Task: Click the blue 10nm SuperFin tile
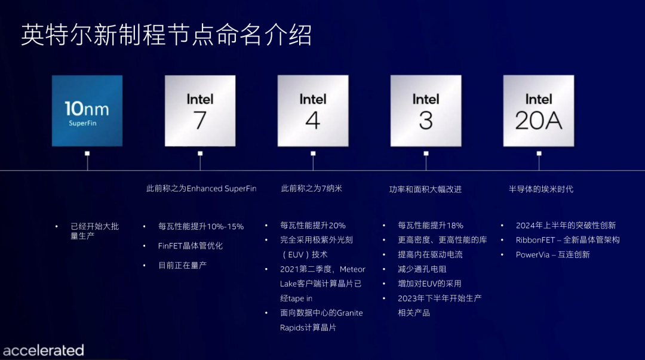point(87,110)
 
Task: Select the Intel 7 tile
point(200,110)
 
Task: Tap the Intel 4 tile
point(313,110)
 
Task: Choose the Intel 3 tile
point(426,110)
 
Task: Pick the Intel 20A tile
point(539,110)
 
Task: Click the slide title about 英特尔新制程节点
point(166,36)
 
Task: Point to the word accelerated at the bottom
point(43,350)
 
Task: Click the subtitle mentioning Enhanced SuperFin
point(201,189)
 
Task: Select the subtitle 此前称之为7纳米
point(312,189)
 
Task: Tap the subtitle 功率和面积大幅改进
point(425,189)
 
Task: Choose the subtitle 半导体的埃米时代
point(541,189)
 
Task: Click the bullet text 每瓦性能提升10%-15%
point(201,226)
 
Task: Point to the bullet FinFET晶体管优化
point(191,245)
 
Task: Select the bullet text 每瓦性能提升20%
point(313,226)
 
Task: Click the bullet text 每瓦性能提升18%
point(431,226)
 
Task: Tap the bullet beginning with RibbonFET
point(567,240)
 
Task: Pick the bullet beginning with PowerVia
point(552,254)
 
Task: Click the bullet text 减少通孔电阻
point(422,269)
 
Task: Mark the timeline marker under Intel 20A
point(539,153)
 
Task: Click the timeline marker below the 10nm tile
point(87,153)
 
